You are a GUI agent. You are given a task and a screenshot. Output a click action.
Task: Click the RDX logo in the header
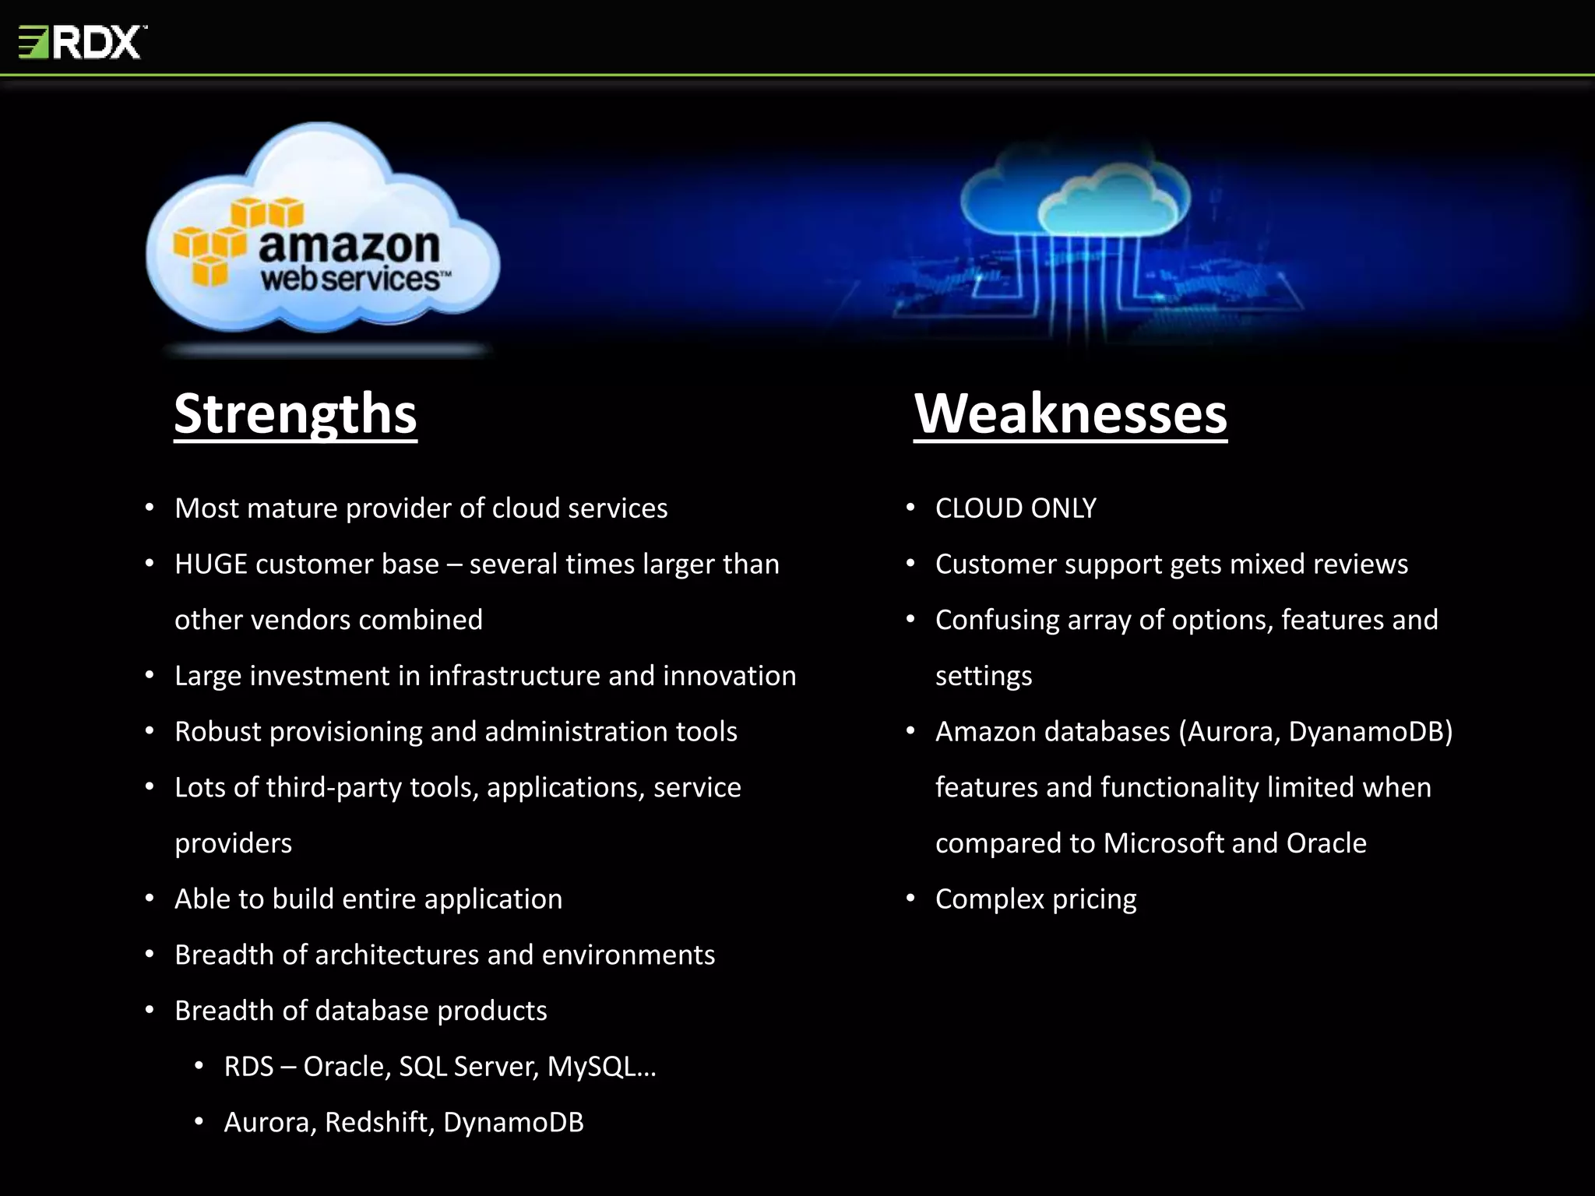[83, 42]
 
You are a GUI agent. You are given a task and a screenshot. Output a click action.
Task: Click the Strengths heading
[295, 413]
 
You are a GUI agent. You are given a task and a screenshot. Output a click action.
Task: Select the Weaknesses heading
[1070, 413]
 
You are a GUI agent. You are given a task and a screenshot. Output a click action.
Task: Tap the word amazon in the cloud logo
[349, 246]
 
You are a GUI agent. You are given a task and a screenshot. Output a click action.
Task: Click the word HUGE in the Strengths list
[210, 564]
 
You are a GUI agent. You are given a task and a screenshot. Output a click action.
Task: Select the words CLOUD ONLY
[1016, 508]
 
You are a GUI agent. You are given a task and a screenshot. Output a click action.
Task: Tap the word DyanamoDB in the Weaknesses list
[1370, 732]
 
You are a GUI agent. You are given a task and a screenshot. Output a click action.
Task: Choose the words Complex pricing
[1036, 899]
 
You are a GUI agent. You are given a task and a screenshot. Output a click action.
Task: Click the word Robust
[217, 732]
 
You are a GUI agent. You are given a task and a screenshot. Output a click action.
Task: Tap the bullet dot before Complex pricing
[910, 899]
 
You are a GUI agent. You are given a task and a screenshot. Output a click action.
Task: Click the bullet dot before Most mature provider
[150, 508]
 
